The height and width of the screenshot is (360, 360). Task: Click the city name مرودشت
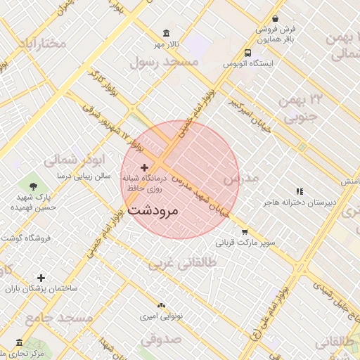click(153, 210)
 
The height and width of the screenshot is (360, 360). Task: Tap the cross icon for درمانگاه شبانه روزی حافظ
click(145, 167)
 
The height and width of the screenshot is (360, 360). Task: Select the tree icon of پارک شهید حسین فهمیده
click(33, 186)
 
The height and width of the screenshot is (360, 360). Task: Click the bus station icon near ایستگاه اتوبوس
click(247, 53)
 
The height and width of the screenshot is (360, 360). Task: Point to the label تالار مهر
click(168, 45)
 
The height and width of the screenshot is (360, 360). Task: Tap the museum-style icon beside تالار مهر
click(166, 33)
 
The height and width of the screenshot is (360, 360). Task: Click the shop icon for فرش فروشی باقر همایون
click(275, 19)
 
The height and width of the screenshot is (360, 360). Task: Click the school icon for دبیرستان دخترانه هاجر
click(300, 191)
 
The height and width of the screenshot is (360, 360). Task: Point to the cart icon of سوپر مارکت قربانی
click(244, 232)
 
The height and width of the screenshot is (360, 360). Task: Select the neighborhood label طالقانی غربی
click(182, 263)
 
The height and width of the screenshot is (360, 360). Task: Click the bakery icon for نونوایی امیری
click(162, 305)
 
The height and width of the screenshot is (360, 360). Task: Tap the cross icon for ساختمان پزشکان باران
click(41, 278)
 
